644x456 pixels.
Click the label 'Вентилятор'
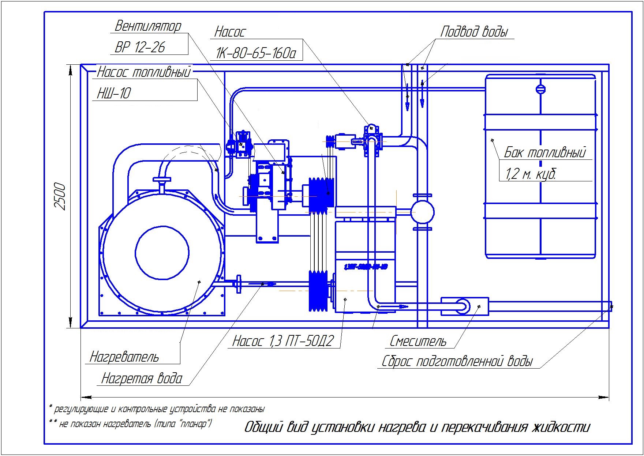pyautogui.click(x=148, y=26)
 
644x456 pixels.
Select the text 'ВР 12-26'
pyautogui.click(x=140, y=47)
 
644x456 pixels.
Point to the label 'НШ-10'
pyautogui.click(x=113, y=94)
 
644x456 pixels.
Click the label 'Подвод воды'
pyautogui.click(x=474, y=31)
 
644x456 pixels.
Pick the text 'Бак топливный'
pyautogui.click(x=545, y=152)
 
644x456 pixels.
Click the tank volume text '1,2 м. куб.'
pyautogui.click(x=530, y=174)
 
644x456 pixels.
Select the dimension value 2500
pyautogui.click(x=60, y=197)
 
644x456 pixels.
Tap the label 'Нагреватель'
pyautogui.click(x=124, y=357)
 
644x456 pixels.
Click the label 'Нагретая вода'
pyautogui.click(x=142, y=378)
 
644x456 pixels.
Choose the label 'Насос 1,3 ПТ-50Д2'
pyautogui.click(x=283, y=341)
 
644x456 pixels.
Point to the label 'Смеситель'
pyautogui.click(x=418, y=341)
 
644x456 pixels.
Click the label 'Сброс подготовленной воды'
pyautogui.click(x=457, y=362)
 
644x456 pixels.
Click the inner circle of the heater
pyautogui.click(x=162, y=252)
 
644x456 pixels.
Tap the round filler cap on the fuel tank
pyautogui.click(x=540, y=90)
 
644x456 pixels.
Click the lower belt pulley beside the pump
pyautogui.click(x=318, y=291)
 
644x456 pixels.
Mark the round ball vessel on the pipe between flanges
pyautogui.click(x=422, y=212)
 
